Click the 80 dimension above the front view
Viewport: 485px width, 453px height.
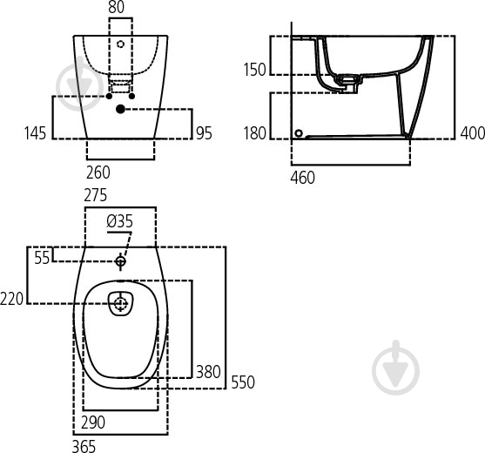tap(116, 9)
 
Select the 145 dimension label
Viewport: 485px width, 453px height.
tap(35, 133)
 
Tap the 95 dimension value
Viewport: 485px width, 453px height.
tap(205, 133)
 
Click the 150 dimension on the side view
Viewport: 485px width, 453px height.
tap(253, 70)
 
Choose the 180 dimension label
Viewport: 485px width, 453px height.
tap(253, 133)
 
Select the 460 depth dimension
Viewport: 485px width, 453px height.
tap(302, 178)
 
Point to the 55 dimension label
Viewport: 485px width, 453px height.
tap(43, 257)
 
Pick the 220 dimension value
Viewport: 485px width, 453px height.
tap(13, 299)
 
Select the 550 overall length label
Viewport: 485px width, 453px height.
tap(242, 382)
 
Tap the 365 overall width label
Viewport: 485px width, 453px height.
tap(84, 445)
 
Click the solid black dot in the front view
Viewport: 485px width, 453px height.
tap(119, 109)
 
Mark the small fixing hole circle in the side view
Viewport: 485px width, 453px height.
tap(300, 133)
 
